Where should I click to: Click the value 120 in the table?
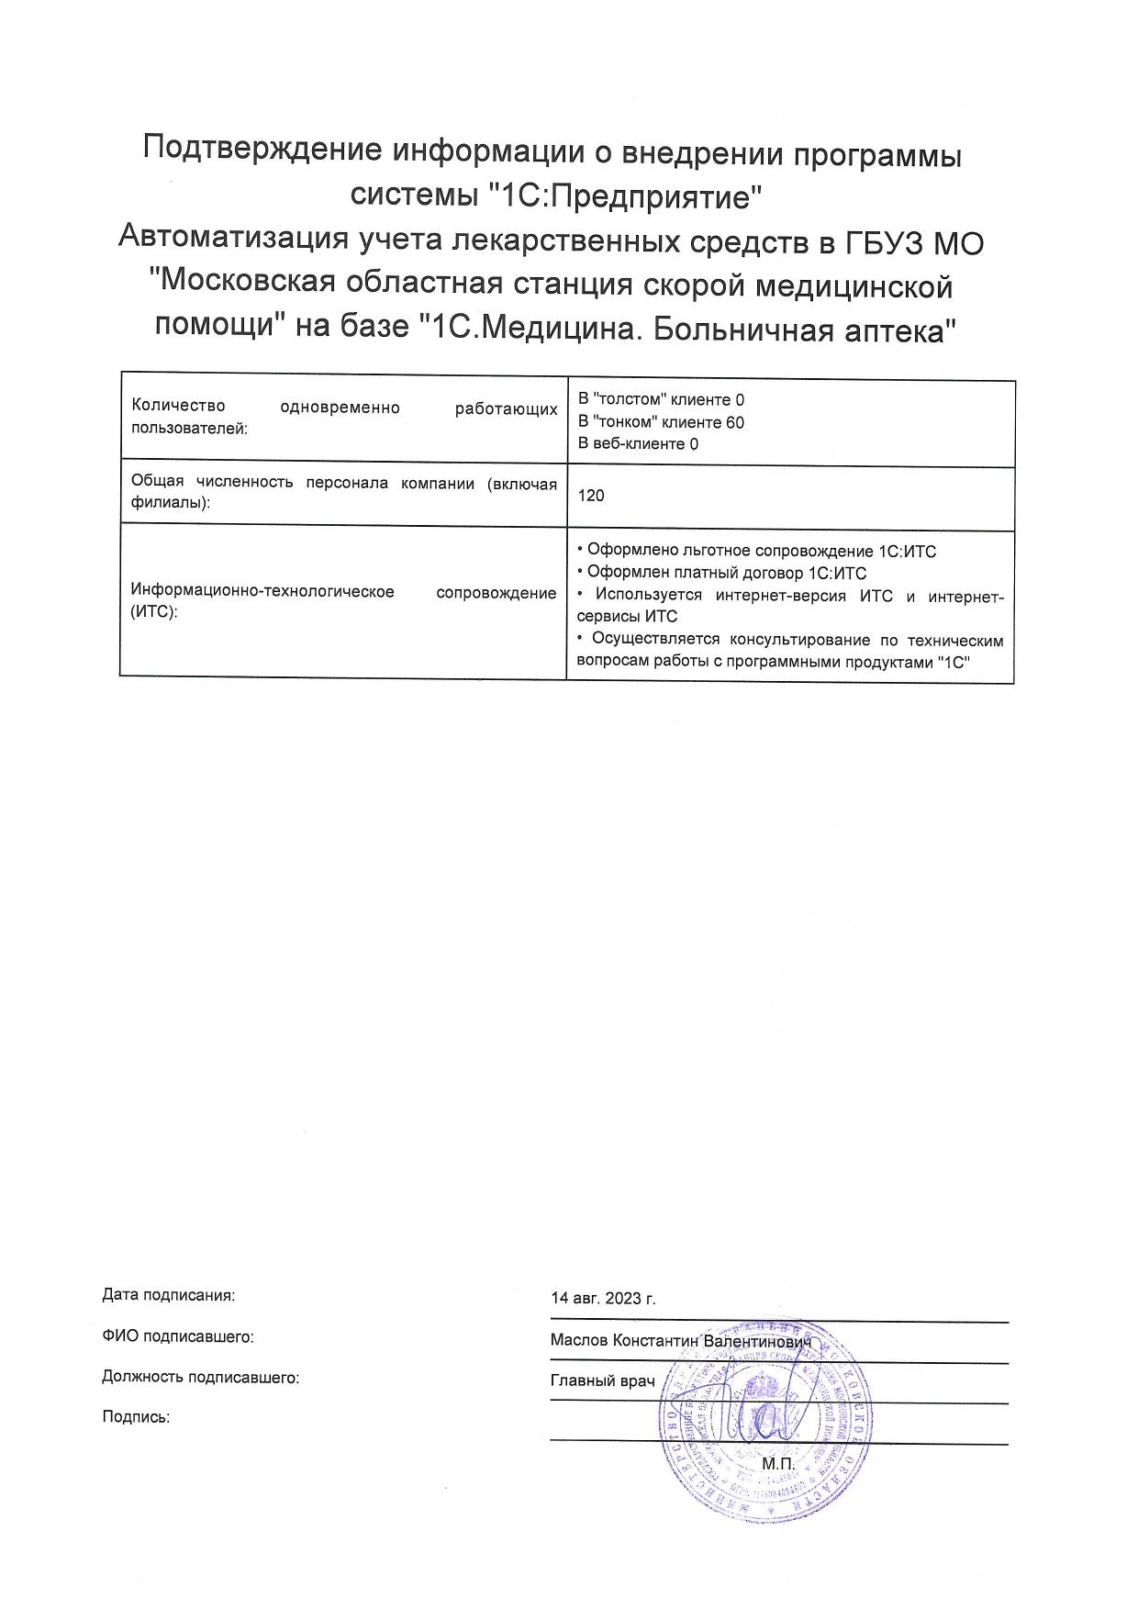coord(591,496)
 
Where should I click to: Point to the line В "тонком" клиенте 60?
coord(660,422)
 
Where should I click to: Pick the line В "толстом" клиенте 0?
coord(660,400)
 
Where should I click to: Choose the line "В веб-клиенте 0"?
coord(638,444)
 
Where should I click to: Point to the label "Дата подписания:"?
coord(169,1295)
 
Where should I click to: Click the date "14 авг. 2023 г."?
coord(603,1299)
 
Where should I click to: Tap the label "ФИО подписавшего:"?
coord(178,1336)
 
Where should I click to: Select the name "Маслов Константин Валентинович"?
coord(682,1340)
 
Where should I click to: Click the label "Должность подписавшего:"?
coord(201,1377)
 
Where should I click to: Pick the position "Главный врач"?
coord(602,1380)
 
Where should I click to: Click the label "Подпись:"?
coord(136,1416)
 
